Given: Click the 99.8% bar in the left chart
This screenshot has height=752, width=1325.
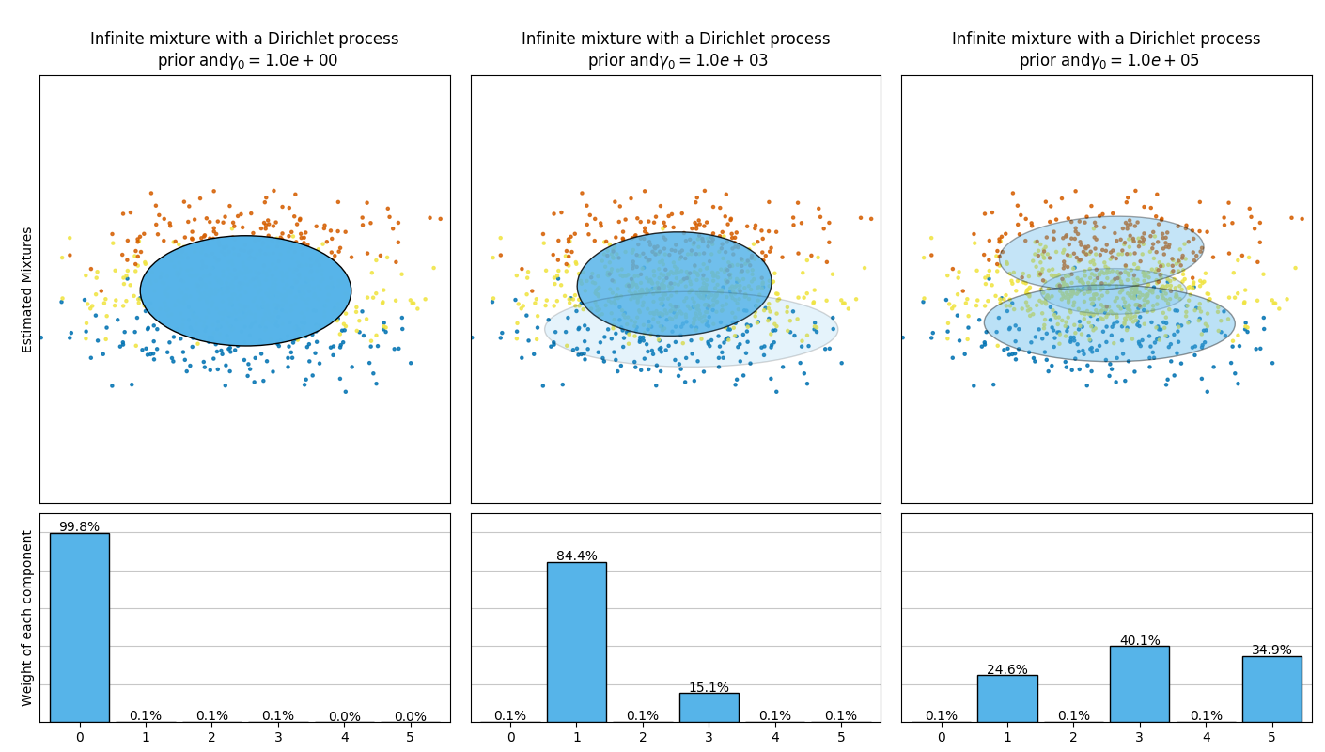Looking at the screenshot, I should pyautogui.click(x=79, y=627).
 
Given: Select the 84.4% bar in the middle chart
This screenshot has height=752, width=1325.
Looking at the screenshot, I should pyautogui.click(x=576, y=642).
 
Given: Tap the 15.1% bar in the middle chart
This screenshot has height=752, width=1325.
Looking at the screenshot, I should pyautogui.click(x=709, y=707).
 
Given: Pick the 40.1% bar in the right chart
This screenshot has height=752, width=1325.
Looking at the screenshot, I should pyautogui.click(x=1139, y=683).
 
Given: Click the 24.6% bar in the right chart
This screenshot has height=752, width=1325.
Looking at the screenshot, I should pyautogui.click(x=1007, y=698).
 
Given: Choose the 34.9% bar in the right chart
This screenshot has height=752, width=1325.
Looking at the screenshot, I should pyautogui.click(x=1271, y=689).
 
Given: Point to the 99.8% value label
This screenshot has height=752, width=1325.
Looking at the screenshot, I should pyautogui.click(x=79, y=526).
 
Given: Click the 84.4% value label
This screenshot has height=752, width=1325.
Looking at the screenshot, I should pyautogui.click(x=576, y=556).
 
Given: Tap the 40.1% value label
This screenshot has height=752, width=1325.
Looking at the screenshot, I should pyautogui.click(x=1139, y=640).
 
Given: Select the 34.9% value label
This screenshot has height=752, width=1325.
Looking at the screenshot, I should pyautogui.click(x=1271, y=650).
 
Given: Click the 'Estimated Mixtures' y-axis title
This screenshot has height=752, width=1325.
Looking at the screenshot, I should pyautogui.click(x=27, y=290).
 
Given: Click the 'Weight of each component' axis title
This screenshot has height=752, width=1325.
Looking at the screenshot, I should pyautogui.click(x=27, y=618).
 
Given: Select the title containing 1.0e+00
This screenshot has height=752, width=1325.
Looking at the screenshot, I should pyautogui.click(x=244, y=50).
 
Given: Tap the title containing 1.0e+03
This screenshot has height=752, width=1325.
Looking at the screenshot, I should pyautogui.click(x=676, y=50).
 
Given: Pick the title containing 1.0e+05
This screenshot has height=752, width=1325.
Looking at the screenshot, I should pyautogui.click(x=1106, y=50).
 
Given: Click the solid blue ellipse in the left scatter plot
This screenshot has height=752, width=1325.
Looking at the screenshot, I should pyautogui.click(x=245, y=290).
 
